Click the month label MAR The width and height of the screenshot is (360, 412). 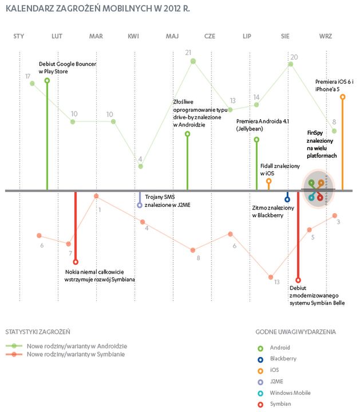[x=96, y=37]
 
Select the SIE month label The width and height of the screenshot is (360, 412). [x=285, y=37]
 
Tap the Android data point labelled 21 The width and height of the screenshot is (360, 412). [x=193, y=61]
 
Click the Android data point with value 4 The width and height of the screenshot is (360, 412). [x=141, y=166]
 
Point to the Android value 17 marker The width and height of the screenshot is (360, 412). [x=33, y=84]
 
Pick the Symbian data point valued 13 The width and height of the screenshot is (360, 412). [x=271, y=277]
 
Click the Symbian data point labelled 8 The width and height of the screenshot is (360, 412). [x=193, y=250]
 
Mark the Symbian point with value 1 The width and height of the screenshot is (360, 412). [x=96, y=196]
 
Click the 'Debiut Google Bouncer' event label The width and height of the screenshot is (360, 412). [x=62, y=67]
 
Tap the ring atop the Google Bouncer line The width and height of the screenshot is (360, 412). [x=47, y=81]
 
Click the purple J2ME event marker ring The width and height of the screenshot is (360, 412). [x=140, y=205]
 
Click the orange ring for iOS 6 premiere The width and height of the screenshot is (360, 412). [x=342, y=97]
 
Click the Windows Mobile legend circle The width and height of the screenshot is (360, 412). [x=262, y=393]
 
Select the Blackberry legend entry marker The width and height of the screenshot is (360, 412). [x=262, y=359]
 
